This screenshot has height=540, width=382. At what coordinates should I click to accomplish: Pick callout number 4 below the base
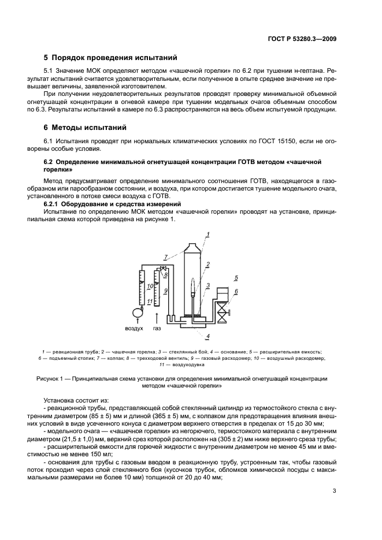(207, 336)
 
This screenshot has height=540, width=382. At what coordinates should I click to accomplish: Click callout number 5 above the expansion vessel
(236, 278)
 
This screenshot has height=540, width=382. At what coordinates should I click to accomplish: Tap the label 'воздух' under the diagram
(133, 328)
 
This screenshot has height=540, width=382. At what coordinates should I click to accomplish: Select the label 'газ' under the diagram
(157, 328)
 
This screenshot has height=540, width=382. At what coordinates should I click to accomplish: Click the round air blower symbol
(136, 312)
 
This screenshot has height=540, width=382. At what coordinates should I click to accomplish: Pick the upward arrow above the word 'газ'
(156, 315)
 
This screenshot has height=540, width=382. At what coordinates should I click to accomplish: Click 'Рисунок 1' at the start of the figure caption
(58, 378)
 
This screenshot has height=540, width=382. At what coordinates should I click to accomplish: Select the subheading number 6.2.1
(53, 204)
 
